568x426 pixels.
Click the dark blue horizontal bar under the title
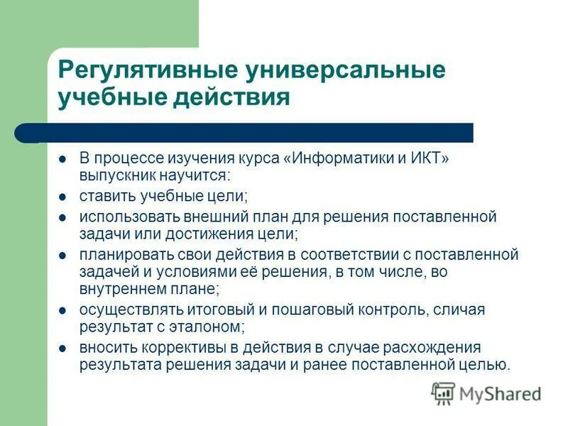(x=256, y=133)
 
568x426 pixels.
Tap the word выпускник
(x=116, y=174)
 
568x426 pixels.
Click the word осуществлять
(x=123, y=310)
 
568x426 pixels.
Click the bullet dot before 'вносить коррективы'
(x=62, y=348)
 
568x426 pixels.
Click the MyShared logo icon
(x=444, y=393)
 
